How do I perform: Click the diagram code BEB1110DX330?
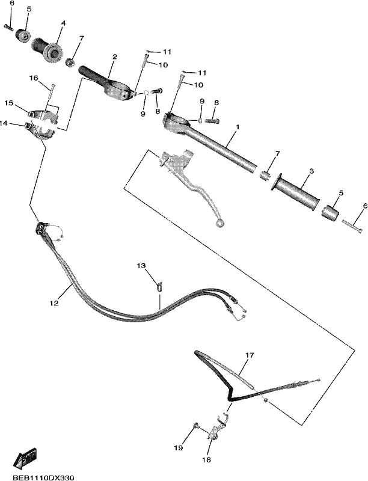pos(43,477)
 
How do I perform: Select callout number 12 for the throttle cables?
pos(54,303)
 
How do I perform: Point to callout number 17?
pos(250,355)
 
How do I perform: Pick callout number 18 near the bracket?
pos(206,459)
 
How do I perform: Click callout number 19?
pos(178,447)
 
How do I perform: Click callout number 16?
pos(34,79)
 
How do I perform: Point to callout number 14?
pos(3,123)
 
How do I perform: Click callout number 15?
pos(9,103)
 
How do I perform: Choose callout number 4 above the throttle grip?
pos(63,23)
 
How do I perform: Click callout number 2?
pos(114,57)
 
